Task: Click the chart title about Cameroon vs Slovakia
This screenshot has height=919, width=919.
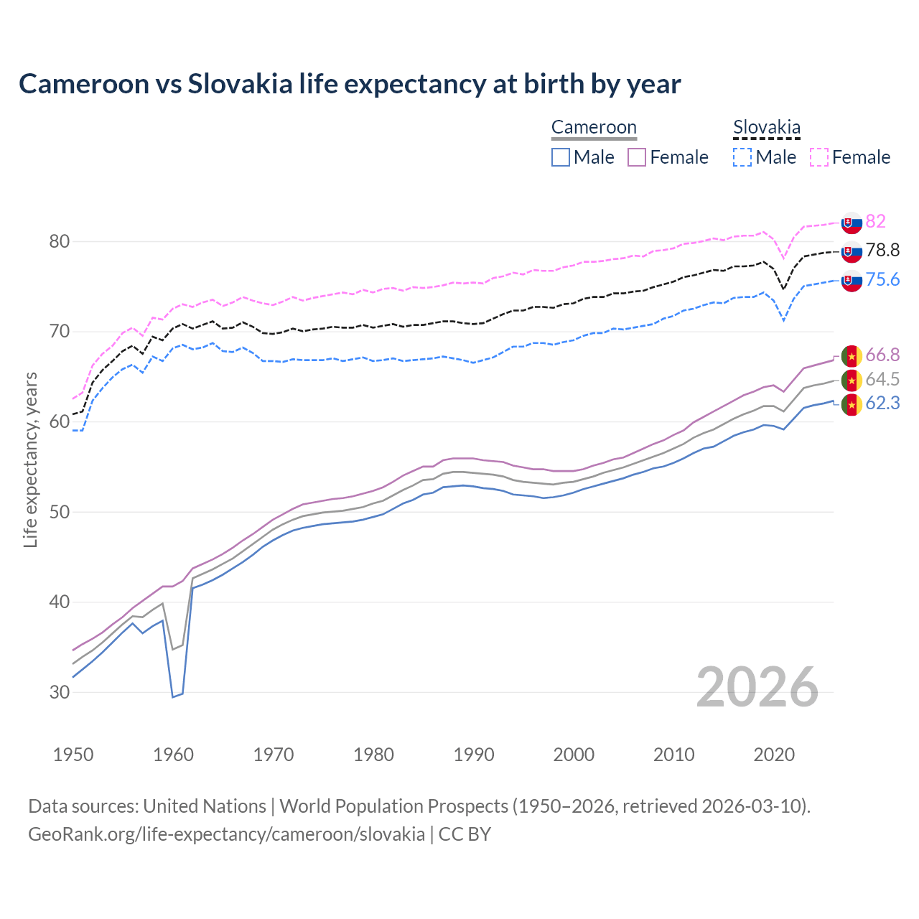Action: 350,84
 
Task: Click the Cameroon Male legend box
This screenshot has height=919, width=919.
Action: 561,157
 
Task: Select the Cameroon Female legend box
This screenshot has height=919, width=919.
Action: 637,157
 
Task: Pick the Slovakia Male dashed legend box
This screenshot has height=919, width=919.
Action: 742,157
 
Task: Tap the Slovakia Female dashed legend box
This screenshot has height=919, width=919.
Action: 819,157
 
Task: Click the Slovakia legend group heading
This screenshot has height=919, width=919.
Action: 766,128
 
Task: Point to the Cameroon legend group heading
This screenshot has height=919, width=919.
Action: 594,128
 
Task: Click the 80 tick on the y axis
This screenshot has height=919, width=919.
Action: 60,241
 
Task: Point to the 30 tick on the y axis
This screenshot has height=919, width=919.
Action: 60,692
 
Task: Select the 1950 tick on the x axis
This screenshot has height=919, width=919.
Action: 73,755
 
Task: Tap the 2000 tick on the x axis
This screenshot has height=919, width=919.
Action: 574,755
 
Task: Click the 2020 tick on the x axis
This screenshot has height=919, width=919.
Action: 774,755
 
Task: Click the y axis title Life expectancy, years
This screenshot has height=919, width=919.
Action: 30,459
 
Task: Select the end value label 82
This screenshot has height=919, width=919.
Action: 875,221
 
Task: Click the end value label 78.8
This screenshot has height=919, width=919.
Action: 882,250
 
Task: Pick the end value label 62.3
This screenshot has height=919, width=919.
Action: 882,403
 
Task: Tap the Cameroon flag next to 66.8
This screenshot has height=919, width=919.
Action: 852,355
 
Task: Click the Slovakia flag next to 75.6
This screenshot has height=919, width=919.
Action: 852,281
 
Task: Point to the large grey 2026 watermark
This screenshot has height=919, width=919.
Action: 757,687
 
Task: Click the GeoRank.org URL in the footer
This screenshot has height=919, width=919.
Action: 226,834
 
